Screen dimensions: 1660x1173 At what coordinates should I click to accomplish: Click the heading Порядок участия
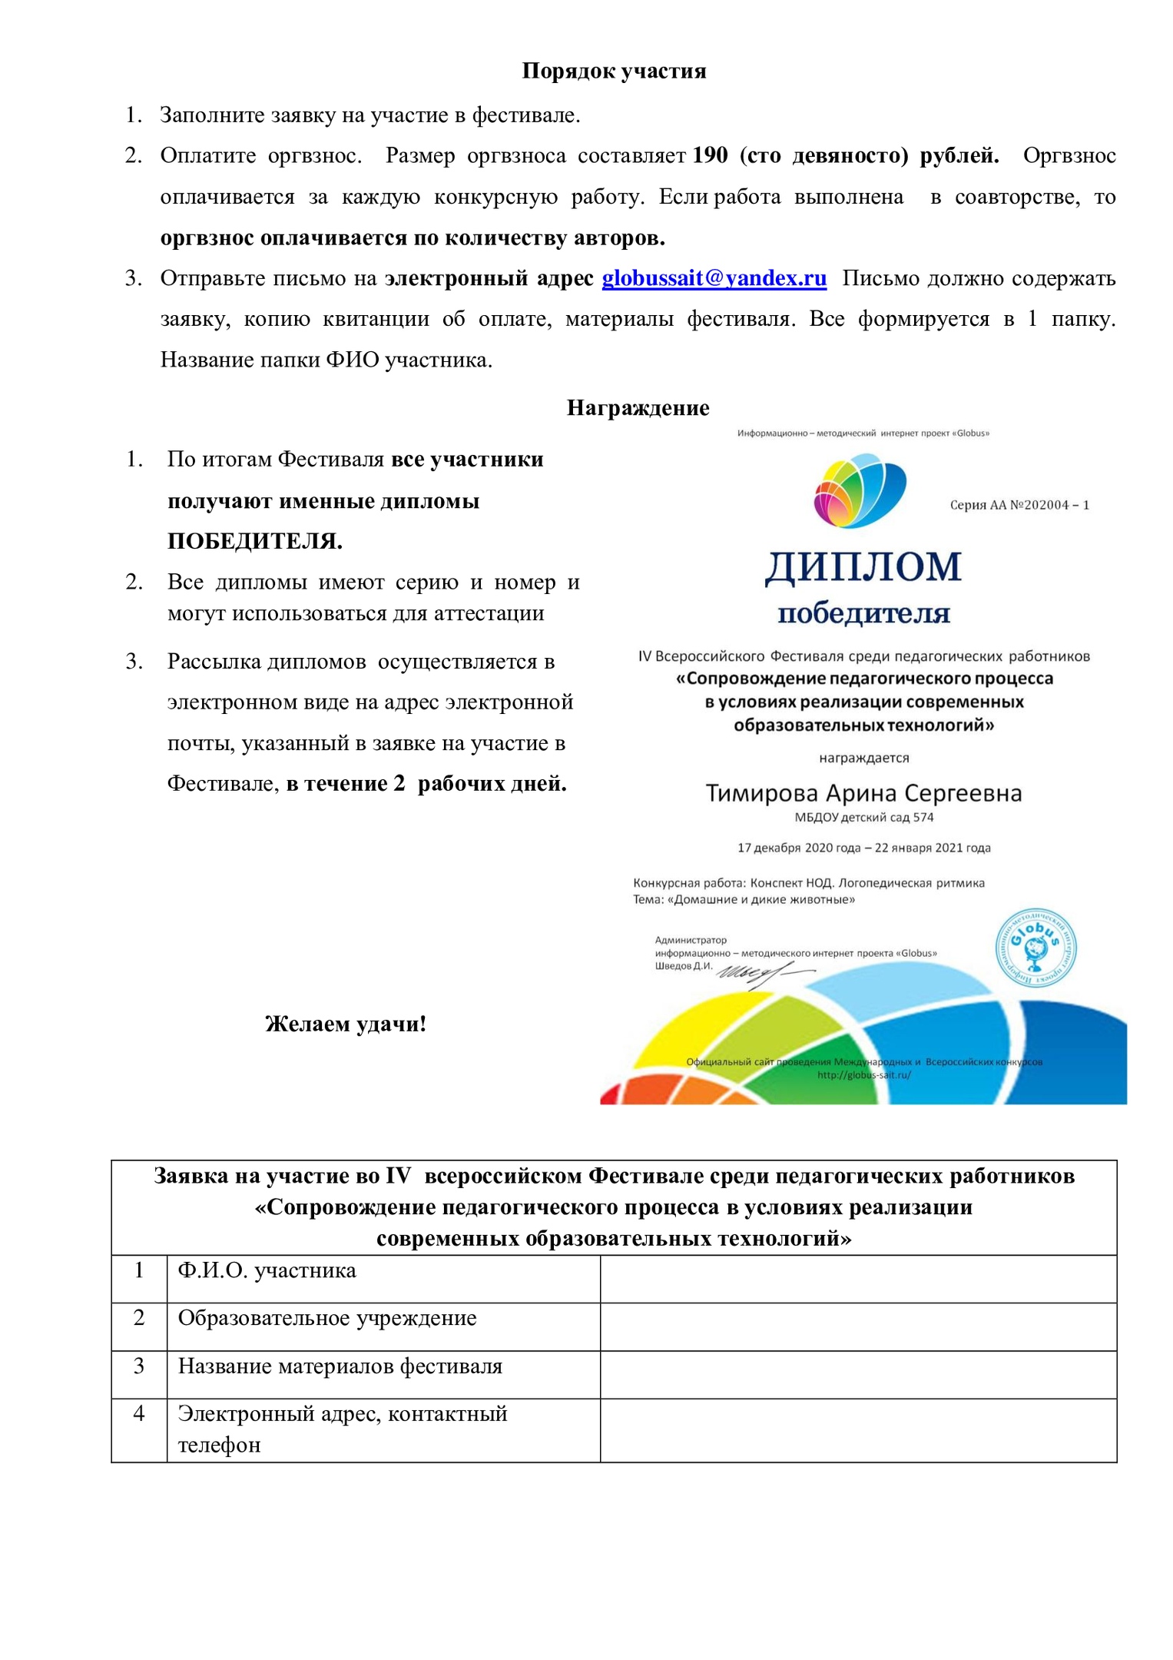[x=614, y=71]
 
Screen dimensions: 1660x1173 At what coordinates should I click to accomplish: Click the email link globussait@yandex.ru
[x=714, y=278]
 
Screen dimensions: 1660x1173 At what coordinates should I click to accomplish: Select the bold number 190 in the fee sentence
[x=710, y=155]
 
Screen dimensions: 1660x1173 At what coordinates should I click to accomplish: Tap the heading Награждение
[x=638, y=407]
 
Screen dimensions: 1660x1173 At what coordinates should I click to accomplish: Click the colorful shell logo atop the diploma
[x=860, y=490]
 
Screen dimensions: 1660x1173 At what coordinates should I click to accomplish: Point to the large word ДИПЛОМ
[x=863, y=567]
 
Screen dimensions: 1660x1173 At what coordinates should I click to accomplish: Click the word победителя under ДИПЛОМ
[x=863, y=614]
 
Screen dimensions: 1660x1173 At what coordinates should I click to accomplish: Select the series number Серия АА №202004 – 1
[x=1019, y=505]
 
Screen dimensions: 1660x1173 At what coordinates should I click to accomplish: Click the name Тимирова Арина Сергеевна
[x=863, y=793]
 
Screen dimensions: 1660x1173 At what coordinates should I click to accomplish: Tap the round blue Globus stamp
[x=1035, y=947]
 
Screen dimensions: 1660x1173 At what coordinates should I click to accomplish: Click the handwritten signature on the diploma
[x=757, y=974]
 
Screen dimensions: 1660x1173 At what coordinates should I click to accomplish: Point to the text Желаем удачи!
[x=346, y=1024]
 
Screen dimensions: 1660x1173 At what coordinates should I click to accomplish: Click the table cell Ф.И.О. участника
[x=267, y=1270]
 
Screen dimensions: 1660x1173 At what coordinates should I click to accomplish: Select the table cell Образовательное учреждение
[x=327, y=1318]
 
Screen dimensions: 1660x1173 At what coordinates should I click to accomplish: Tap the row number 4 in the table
[x=139, y=1413]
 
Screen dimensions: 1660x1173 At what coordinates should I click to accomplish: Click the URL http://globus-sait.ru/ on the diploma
[x=863, y=1075]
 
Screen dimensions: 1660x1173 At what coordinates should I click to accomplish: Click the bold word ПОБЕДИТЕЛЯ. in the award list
[x=255, y=541]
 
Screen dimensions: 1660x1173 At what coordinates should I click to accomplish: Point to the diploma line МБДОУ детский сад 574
[x=863, y=818]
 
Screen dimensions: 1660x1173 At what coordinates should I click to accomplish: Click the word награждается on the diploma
[x=863, y=758]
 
